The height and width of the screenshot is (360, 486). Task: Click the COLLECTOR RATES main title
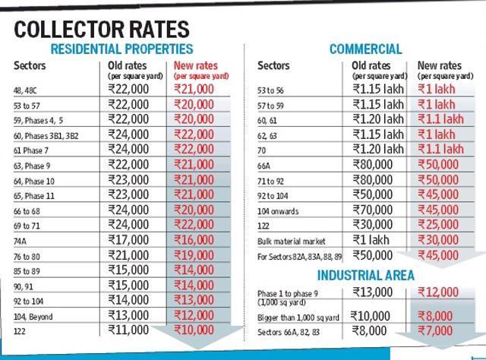point(102,30)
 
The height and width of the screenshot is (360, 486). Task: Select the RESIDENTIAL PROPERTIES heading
point(121,49)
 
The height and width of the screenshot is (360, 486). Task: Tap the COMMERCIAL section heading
point(366,49)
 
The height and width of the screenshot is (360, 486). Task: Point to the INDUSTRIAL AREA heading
point(366,276)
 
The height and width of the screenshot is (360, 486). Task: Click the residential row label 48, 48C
point(25,90)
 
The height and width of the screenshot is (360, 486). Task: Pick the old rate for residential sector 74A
point(128,240)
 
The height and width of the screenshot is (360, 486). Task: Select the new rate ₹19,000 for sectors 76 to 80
point(194,255)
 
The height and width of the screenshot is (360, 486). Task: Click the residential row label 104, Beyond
point(33,317)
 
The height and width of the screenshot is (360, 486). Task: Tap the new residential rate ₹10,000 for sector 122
point(194,330)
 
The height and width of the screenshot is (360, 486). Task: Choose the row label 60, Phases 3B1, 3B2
point(46,136)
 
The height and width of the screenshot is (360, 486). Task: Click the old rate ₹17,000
point(128,240)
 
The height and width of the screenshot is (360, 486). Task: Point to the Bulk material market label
point(292,242)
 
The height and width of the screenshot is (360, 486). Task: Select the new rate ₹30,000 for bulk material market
point(438,240)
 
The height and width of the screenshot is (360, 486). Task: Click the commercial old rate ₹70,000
point(373,210)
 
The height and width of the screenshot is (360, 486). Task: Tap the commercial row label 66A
point(264,166)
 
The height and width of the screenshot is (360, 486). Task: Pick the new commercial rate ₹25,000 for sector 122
point(438,225)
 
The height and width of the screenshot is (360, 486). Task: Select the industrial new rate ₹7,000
point(435,330)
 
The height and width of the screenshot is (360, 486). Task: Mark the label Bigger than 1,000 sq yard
point(298,317)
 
